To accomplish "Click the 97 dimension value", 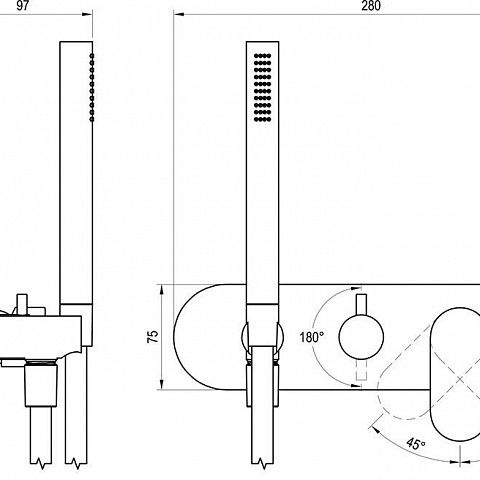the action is click(22, 6).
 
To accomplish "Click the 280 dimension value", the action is click(371, 6).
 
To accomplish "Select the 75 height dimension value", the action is click(153, 337).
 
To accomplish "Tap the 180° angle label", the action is click(311, 337).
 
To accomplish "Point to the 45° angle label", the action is click(416, 444).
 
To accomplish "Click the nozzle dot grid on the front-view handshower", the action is click(262, 88).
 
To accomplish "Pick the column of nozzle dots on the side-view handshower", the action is click(92, 87).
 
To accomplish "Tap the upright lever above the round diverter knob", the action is click(361, 304).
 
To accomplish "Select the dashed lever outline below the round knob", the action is click(361, 370).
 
